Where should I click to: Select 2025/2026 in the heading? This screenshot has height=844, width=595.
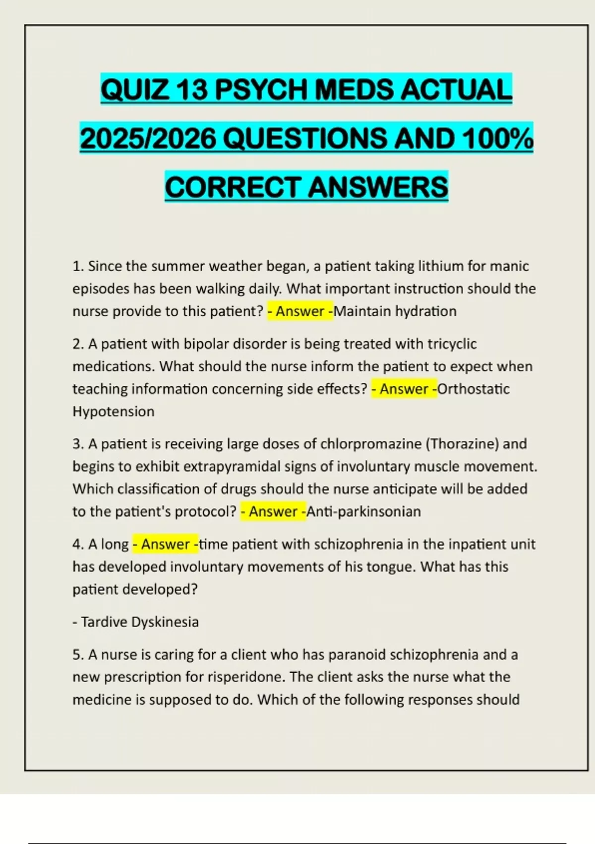click(x=148, y=139)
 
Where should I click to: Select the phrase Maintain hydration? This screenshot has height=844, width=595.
click(x=396, y=311)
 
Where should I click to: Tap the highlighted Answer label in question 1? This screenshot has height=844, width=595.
click(x=300, y=311)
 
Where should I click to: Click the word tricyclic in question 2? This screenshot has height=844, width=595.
click(x=452, y=344)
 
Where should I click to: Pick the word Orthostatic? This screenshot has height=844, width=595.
click(x=474, y=389)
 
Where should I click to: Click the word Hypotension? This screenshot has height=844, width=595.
click(x=114, y=412)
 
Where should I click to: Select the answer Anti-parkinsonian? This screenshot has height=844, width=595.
click(x=364, y=511)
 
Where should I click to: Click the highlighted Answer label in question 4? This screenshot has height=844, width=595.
click(x=166, y=544)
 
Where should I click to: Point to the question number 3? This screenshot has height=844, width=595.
click(x=77, y=444)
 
